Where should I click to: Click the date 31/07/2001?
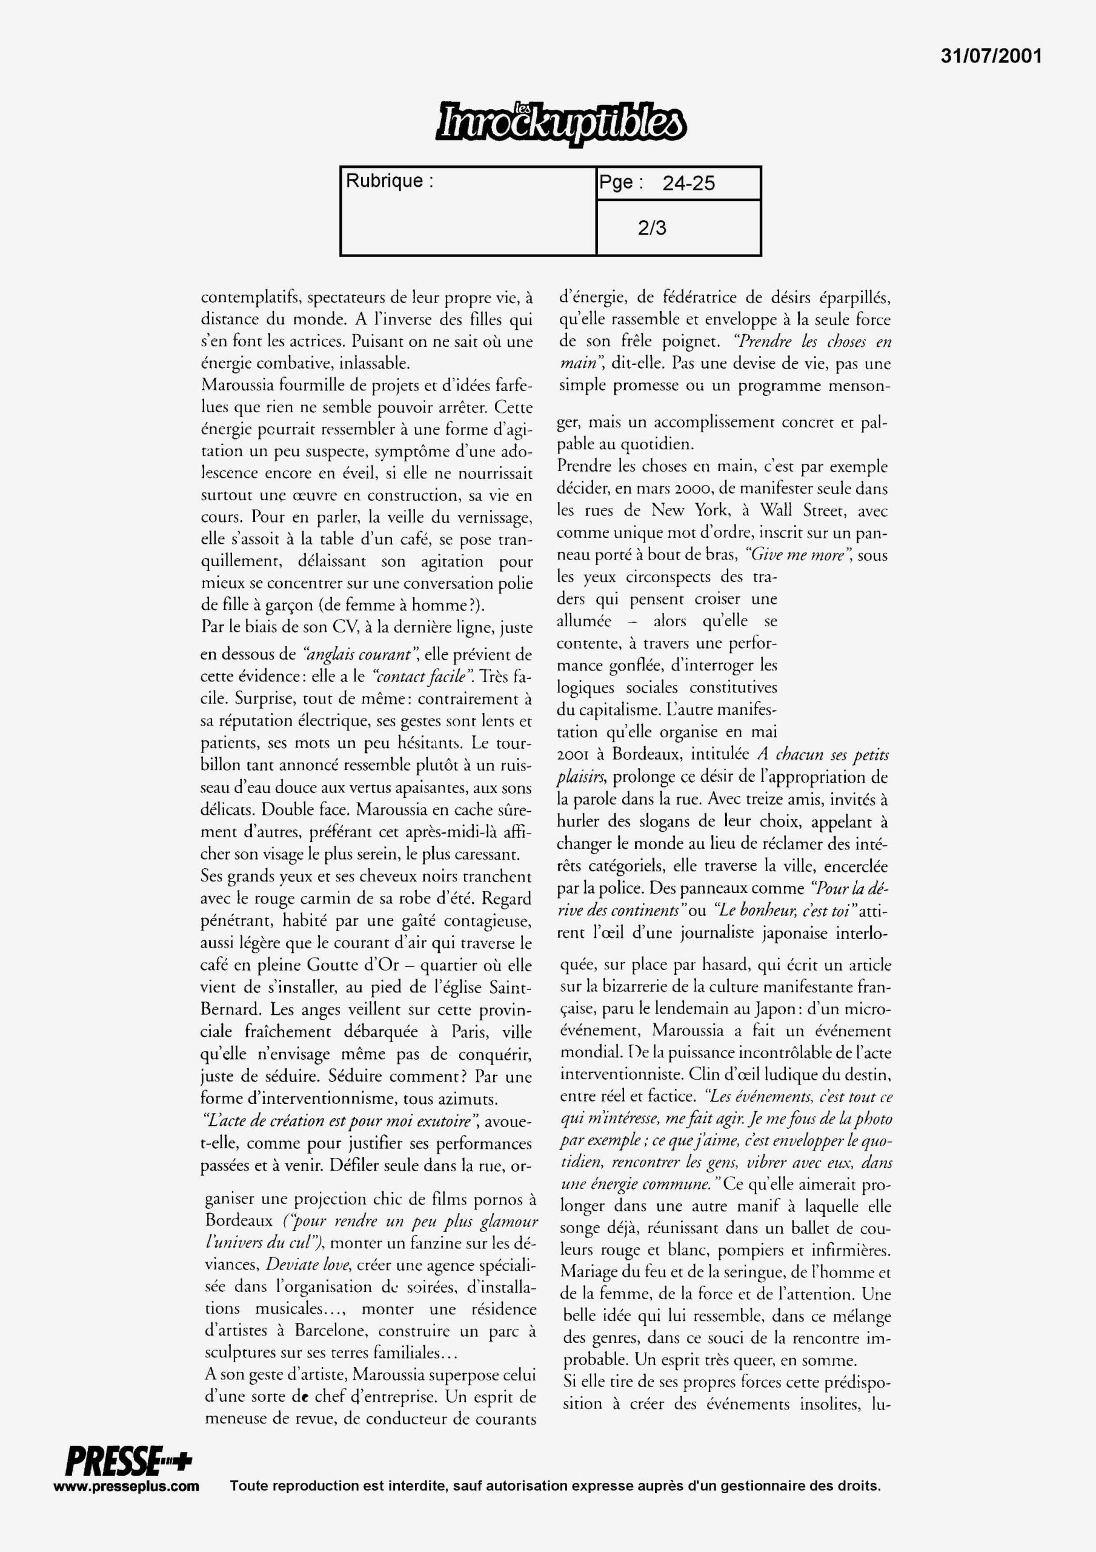point(991,56)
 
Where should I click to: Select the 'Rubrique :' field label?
point(389,181)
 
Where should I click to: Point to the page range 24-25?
point(688,183)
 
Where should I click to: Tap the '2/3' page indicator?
point(651,228)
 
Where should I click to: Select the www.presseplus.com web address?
point(127,1486)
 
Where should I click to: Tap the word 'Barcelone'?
point(330,1331)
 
